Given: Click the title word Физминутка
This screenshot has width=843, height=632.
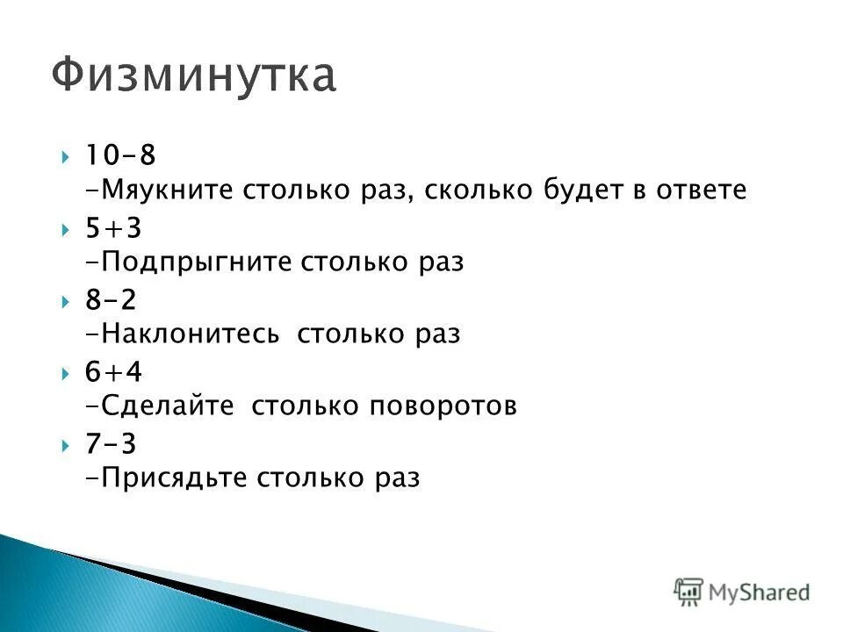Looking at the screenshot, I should [193, 75].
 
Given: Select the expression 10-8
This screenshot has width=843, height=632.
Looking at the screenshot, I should [120, 155].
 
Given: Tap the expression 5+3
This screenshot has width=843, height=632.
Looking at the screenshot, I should [113, 228].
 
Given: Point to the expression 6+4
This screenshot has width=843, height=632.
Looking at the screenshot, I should [113, 372].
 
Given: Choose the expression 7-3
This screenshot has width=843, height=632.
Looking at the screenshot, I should [111, 444].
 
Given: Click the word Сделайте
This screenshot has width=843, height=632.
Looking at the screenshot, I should [168, 406].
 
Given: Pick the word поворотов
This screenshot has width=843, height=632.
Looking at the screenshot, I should [443, 406].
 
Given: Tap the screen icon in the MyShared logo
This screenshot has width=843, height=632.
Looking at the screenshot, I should [688, 591].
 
